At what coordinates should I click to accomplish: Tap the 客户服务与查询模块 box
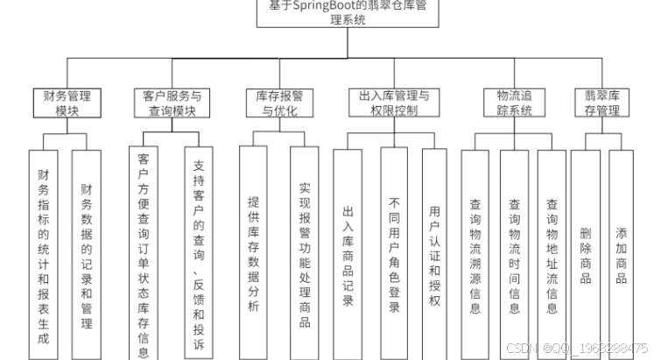pos(171,103)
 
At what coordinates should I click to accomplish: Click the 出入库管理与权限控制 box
pos(394,103)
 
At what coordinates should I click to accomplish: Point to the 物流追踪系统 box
pos(514,103)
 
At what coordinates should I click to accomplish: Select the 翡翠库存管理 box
pos(602,103)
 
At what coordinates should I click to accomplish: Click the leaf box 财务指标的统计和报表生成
pos(44,254)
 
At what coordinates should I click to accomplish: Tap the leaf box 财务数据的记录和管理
pos(86,254)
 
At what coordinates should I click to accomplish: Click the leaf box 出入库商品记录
pos(348,254)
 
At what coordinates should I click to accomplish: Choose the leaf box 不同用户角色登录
pos(394,254)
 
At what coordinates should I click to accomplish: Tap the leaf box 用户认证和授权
pos(435,254)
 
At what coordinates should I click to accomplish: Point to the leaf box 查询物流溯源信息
pos(475,254)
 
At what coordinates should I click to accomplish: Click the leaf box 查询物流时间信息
pos(514,254)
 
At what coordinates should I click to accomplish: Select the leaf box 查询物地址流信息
pos(552,254)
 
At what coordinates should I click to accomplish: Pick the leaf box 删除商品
pos(585,254)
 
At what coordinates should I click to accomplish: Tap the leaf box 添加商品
pos(621,254)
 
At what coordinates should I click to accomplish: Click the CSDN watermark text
pos(578,348)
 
